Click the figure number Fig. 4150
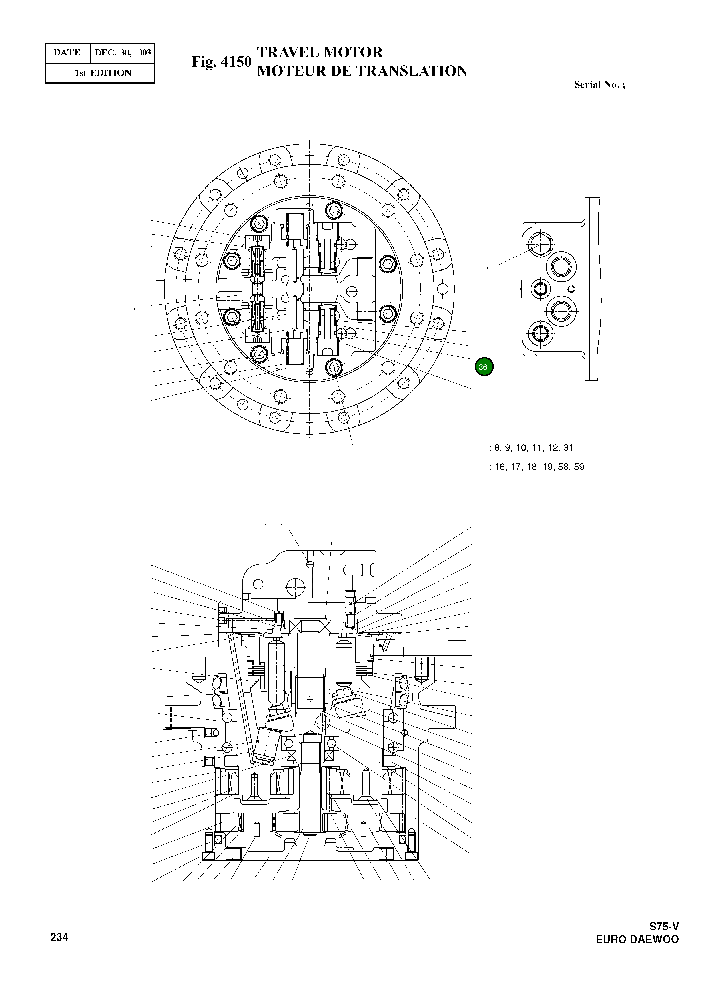pyautogui.click(x=222, y=62)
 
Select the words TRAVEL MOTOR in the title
pyautogui.click(x=320, y=52)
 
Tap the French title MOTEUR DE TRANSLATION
pyautogui.click(x=362, y=71)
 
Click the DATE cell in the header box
pyautogui.click(x=67, y=53)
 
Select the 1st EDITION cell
pyautogui.click(x=103, y=73)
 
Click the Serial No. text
pyautogui.click(x=599, y=85)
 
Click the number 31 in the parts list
pyautogui.click(x=568, y=448)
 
